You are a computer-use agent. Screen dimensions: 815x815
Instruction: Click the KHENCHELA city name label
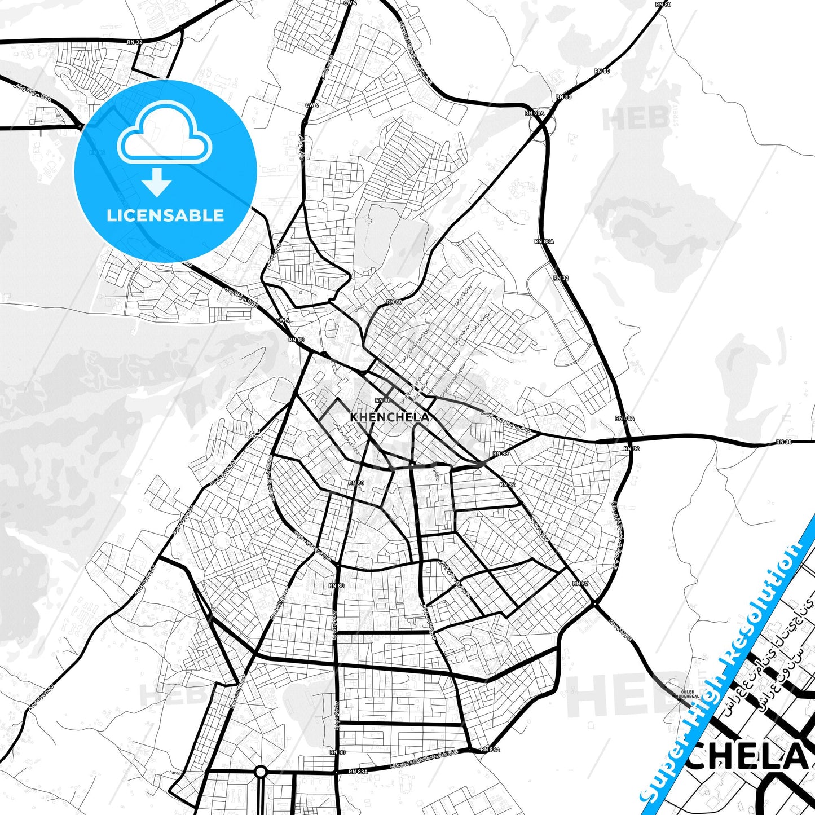pos(389,417)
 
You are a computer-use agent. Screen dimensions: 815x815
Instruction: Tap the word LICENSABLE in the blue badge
pos(165,215)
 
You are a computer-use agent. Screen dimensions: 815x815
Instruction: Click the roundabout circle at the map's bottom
pos(260,770)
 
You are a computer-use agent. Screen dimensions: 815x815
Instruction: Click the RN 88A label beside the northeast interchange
pos(534,113)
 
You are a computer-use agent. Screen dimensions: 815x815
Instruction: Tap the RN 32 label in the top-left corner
pos(135,42)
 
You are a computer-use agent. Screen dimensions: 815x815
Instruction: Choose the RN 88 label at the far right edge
pos(783,442)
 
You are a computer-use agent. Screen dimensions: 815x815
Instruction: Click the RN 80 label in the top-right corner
pos(663,4)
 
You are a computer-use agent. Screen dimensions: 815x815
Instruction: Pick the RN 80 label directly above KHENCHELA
pos(382,400)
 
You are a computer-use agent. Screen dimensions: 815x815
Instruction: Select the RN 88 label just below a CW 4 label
pos(296,340)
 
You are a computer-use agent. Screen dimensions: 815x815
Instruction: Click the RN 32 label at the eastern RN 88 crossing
pos(631,448)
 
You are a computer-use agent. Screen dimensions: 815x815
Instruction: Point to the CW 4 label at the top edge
pos(350,3)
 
